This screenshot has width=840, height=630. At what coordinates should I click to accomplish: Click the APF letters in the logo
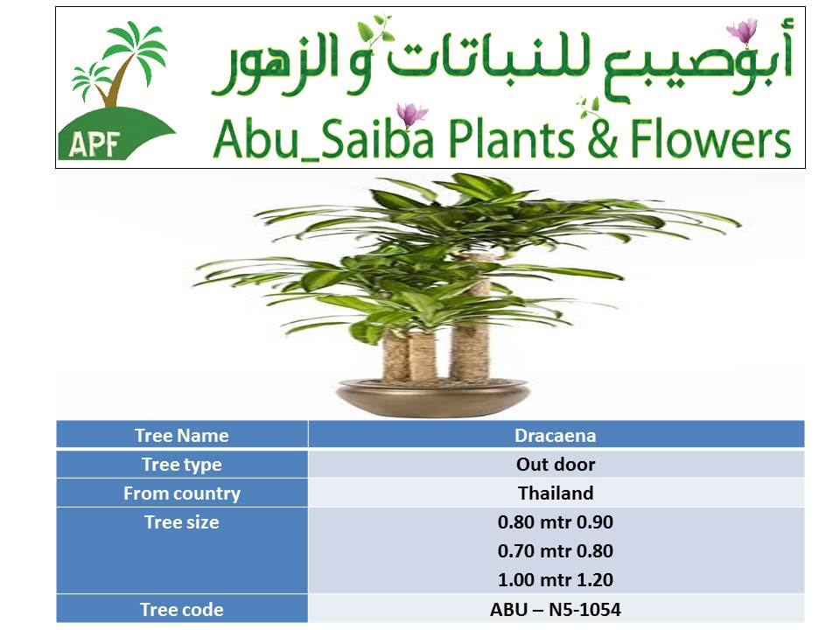coord(94,143)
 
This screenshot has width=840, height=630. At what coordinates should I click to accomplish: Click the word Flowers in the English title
coord(710,139)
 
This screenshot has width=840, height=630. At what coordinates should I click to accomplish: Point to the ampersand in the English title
coord(603,139)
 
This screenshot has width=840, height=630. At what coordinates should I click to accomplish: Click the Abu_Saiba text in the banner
coord(323,139)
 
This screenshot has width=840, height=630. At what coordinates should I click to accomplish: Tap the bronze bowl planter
coord(433,397)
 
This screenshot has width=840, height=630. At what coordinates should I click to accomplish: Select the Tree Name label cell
coord(182,435)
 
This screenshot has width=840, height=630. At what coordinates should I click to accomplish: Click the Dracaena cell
coord(556,435)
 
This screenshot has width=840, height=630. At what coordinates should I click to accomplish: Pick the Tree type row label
coord(182,464)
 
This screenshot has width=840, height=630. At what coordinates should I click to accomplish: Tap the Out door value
coord(556,464)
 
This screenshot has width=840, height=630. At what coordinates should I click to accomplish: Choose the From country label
coord(182,493)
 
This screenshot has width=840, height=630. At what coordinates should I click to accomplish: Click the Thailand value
coord(556,493)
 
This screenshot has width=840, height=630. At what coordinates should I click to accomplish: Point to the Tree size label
coord(182,521)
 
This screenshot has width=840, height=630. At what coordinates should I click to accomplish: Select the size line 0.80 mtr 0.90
coord(556,521)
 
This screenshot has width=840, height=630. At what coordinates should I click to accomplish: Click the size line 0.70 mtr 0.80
coord(556,550)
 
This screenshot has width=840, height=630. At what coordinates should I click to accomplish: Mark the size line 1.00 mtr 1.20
coord(556,579)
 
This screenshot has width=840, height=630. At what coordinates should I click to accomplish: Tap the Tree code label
coord(182,609)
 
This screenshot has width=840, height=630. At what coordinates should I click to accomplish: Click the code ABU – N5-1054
coord(556,609)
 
